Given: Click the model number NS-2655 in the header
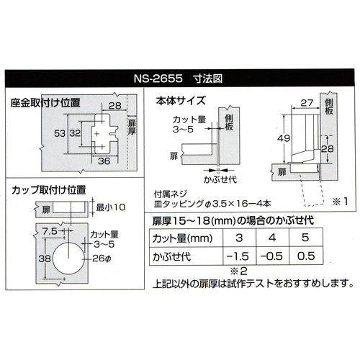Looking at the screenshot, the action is [158, 78].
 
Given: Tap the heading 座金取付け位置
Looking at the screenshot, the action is [45, 103].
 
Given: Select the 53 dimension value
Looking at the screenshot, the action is [60, 133].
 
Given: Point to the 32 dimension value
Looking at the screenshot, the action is [75, 133].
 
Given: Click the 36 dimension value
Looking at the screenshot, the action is [104, 161].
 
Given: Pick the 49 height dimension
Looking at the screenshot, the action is [284, 138].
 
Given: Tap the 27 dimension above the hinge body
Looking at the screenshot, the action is [307, 103].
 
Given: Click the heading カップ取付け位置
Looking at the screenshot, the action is [49, 190].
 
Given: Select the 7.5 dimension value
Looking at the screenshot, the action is [50, 232].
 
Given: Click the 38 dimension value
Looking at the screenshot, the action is [45, 258].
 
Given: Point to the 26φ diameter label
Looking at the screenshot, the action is [102, 258].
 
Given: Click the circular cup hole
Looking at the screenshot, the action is [68, 258].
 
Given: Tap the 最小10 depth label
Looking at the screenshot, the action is [111, 207].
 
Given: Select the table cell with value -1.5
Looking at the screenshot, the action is [239, 256].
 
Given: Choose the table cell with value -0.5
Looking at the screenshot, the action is [272, 256].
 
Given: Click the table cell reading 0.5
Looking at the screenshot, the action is [306, 256].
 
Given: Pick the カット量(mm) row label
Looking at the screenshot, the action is [182, 238].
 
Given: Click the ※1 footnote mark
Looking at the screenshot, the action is [341, 202].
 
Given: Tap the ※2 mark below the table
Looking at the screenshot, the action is [239, 271].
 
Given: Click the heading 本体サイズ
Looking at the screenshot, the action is [181, 101].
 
